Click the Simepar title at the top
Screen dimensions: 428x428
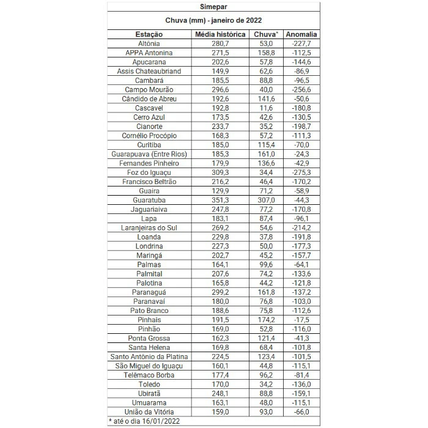pos(213,8)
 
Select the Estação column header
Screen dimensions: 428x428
pos(149,34)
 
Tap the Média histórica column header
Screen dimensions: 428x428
pos(220,34)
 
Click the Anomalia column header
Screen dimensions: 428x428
pos(301,34)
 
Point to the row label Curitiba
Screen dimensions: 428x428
pos(149,145)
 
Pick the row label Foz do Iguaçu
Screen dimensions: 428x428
pos(149,172)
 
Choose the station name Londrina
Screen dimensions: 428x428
pos(149,246)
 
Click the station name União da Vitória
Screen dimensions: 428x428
pos(149,411)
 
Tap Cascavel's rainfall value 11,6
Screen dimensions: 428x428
pos(267,108)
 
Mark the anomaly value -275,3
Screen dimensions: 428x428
pos(301,172)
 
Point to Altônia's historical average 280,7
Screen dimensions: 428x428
pos(220,44)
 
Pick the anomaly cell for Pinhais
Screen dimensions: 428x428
pos(301,320)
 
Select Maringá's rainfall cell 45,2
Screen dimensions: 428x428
pos(267,255)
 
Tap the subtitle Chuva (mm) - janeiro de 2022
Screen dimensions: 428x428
pos(213,21)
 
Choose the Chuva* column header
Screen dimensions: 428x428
pos(267,34)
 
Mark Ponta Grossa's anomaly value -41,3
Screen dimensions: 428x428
pos(301,338)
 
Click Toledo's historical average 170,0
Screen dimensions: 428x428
pos(220,384)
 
